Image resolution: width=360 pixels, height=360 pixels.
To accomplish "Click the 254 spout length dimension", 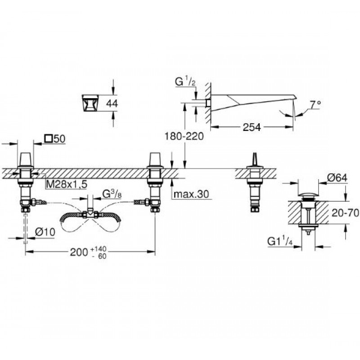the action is coord(252,127).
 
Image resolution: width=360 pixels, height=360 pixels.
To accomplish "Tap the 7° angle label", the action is coord(316,105).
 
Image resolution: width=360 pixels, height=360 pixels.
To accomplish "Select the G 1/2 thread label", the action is coord(185,82).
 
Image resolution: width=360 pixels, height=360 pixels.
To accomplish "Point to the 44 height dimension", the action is coord(112,103).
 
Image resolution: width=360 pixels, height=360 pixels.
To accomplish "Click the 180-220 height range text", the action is coord(184,136).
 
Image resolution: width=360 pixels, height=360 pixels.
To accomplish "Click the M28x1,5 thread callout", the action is coord(67,184).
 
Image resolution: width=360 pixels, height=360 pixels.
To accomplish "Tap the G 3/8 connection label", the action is coord(112,194).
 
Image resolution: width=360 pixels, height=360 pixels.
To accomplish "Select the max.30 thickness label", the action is coord(191,194).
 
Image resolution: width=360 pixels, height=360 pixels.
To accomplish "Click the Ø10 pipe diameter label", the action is coord(45,232).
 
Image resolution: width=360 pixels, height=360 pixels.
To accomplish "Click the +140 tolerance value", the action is coord(99,249).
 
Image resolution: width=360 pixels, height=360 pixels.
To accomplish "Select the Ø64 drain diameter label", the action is coord(337,178).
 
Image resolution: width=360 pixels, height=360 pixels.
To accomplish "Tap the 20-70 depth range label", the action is coord(345,213).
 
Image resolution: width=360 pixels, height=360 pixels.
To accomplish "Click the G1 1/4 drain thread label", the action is coord(280,242).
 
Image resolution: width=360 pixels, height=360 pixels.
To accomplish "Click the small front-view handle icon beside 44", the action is coord(90,103).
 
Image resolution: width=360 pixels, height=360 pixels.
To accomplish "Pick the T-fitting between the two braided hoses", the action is coord(90,214).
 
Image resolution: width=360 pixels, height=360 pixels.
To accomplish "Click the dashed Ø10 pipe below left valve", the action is coord(26,228).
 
